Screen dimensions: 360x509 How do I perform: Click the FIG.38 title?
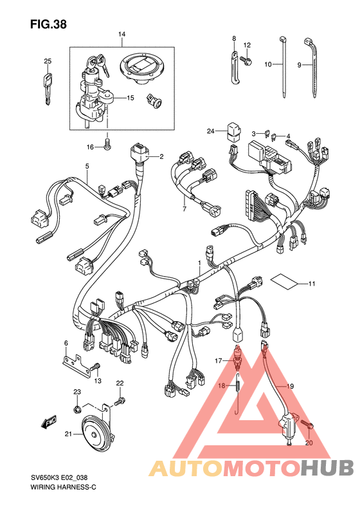click(48, 24)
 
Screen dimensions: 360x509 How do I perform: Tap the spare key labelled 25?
click(48, 89)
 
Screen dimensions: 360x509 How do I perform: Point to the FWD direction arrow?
click(49, 421)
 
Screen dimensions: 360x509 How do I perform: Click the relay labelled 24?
click(233, 131)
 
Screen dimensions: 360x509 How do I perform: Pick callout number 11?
click(311, 284)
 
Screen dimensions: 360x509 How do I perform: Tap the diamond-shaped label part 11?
click(284, 281)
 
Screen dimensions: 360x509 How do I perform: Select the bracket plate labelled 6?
click(76, 366)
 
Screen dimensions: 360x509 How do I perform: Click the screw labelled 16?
click(107, 144)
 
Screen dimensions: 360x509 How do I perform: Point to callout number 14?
click(122, 34)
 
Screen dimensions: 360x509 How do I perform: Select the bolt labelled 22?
click(120, 402)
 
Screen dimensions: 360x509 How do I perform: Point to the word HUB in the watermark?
click(327, 468)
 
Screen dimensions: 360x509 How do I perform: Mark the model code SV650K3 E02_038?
click(59, 478)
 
